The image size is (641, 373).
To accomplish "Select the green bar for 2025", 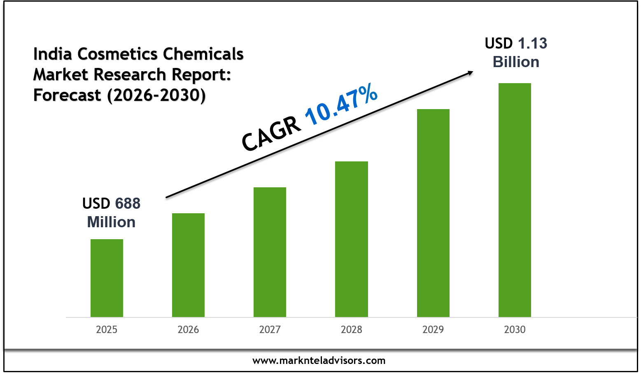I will pyautogui.click(x=107, y=278).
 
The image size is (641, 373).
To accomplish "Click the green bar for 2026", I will pyautogui.click(x=188, y=265).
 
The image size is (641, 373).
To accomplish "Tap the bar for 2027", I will pyautogui.click(x=270, y=252).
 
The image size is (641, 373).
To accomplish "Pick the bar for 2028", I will pyautogui.click(x=351, y=239).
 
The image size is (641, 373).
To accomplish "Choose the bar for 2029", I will pyautogui.click(x=433, y=213).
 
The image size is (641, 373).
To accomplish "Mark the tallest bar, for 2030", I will pyautogui.click(x=515, y=200).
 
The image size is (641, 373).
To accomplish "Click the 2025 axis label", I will pyautogui.click(x=107, y=330).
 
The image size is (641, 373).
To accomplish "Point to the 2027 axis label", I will pyautogui.click(x=270, y=330).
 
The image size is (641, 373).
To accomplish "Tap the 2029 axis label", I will pyautogui.click(x=433, y=330).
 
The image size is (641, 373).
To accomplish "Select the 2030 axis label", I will pyautogui.click(x=515, y=330).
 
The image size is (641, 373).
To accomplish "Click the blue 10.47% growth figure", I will pyautogui.click(x=341, y=104).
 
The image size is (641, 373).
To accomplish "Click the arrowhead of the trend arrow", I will pyautogui.click(x=470, y=73).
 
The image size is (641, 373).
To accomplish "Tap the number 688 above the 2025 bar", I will pyautogui.click(x=128, y=204).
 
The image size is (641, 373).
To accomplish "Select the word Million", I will pyautogui.click(x=111, y=222).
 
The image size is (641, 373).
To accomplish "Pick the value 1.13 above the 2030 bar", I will pyautogui.click(x=532, y=44).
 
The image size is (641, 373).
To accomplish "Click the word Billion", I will pyautogui.click(x=516, y=62).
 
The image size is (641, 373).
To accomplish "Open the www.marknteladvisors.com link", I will pyautogui.click(x=319, y=361).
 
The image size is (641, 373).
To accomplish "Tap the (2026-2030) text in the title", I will pyautogui.click(x=156, y=96).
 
